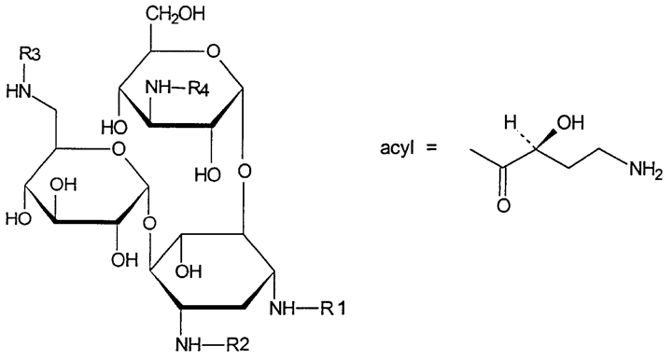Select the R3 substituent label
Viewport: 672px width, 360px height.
coord(31,55)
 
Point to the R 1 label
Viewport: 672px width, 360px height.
coord(333,308)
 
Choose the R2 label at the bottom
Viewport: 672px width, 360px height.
coord(236,343)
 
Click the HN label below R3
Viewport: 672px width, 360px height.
coord(20,91)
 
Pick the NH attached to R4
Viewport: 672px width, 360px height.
coord(158,89)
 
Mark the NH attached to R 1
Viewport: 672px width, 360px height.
coord(283,308)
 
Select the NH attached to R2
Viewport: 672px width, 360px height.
coord(189,343)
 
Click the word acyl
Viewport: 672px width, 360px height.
coord(397,148)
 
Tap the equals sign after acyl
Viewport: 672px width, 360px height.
coord(430,148)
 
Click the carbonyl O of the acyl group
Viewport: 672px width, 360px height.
coord(504,205)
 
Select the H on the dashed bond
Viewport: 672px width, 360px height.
coord(511,123)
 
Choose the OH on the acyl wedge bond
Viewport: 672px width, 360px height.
coord(570,123)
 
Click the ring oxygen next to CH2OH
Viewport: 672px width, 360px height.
coord(212,52)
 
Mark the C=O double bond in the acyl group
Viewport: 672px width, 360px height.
coord(504,182)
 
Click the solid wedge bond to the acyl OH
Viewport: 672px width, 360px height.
coord(546,139)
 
